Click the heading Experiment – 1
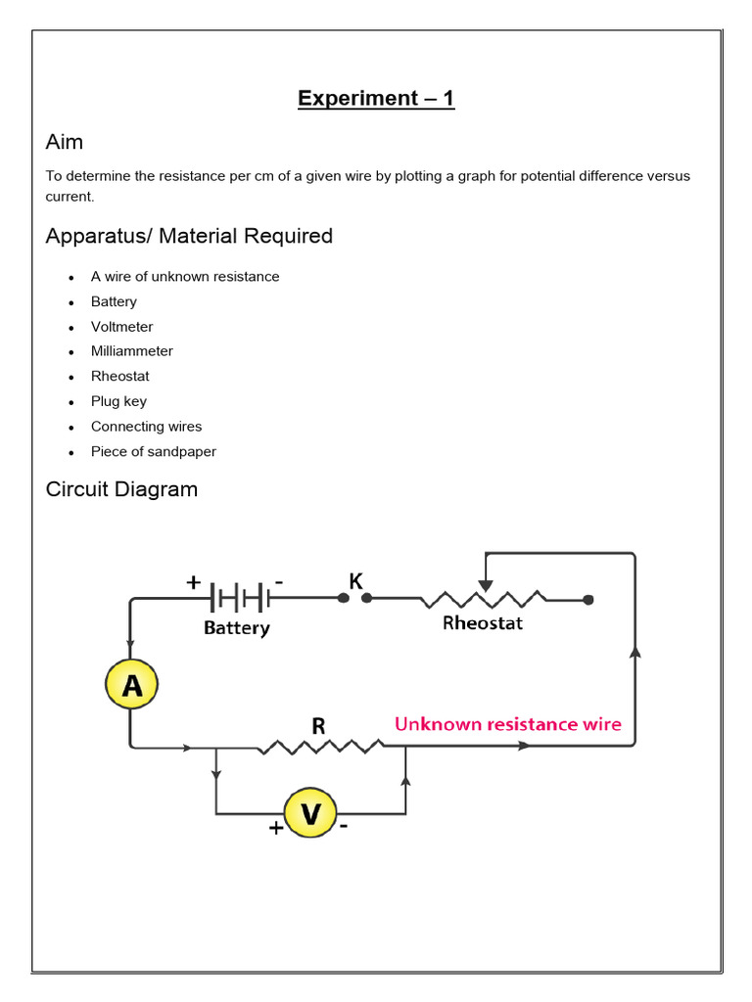coord(376,99)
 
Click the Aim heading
coord(65,143)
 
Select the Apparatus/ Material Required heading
coord(189,237)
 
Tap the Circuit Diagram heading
coord(121,489)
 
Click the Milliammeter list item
coord(132,351)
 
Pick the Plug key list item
coord(118,401)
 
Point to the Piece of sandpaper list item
coord(154,452)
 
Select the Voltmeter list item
coord(122,327)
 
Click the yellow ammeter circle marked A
coord(131,686)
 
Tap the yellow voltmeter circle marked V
coord(310,814)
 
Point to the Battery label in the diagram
coord(237,628)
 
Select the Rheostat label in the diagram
coord(483,623)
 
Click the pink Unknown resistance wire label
coord(507,725)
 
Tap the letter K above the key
coord(355,580)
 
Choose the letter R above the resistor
coord(318,726)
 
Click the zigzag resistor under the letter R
coord(320,747)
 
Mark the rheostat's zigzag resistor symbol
coord(483,598)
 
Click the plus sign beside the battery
coord(194,583)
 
